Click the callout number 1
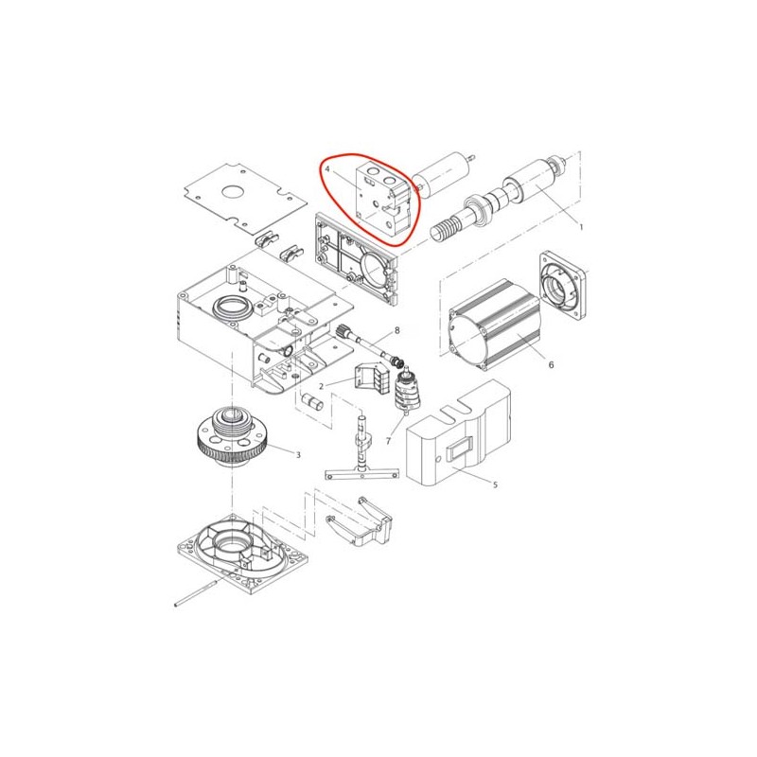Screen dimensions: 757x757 pyautogui.click(x=582, y=227)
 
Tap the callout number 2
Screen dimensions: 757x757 pyautogui.click(x=321, y=386)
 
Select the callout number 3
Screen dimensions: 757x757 pyautogui.click(x=298, y=455)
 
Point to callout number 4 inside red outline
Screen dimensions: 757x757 pyautogui.click(x=327, y=169)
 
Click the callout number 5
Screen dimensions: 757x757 pyautogui.click(x=495, y=484)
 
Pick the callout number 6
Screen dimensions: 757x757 pyautogui.click(x=552, y=365)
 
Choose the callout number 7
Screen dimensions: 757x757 pyautogui.click(x=388, y=441)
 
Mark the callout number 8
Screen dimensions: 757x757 pyautogui.click(x=396, y=330)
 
